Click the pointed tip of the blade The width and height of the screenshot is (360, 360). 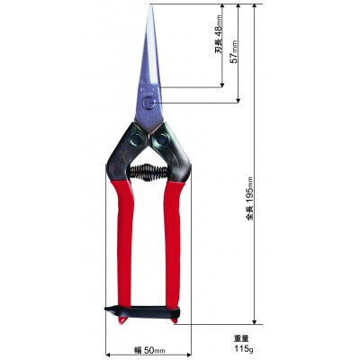pos(150,7)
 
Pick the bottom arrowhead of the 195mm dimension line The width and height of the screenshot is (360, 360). pos(256,319)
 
